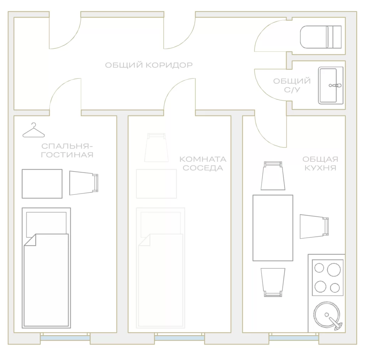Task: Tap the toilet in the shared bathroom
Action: (x=321, y=37)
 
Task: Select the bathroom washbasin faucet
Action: (x=335, y=86)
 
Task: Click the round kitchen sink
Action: (x=327, y=315)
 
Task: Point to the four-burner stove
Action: (x=328, y=278)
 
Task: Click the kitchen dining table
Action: (x=273, y=228)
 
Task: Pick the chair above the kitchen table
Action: (x=273, y=176)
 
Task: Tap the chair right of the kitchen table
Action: (x=314, y=226)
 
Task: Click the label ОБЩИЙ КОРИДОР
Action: (x=149, y=65)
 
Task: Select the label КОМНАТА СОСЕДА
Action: (x=203, y=164)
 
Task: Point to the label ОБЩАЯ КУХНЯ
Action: (x=320, y=164)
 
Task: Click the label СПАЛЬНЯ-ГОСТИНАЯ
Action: (x=67, y=150)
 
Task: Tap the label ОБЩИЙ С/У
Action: (x=292, y=86)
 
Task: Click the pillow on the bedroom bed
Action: (x=46, y=224)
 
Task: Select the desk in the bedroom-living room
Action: (x=42, y=184)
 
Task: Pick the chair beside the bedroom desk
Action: (x=84, y=183)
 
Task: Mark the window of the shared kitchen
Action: (x=294, y=337)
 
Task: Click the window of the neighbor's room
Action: (x=180, y=337)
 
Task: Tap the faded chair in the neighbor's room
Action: (x=156, y=147)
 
